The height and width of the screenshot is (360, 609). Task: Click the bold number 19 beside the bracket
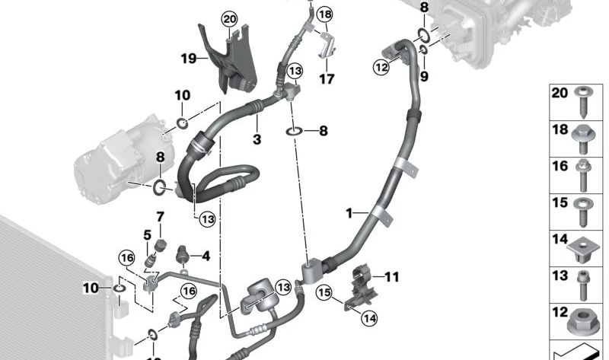189,59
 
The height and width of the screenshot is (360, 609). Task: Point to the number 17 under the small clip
327,79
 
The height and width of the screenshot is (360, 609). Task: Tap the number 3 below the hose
257,139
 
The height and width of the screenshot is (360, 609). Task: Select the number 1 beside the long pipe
349,213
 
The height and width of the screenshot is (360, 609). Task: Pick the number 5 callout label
147,235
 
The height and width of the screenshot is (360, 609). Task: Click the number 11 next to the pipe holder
392,277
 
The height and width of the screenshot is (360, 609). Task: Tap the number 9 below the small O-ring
424,77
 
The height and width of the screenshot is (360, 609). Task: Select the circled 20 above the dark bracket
230,18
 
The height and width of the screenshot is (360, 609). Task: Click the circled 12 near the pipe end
381,67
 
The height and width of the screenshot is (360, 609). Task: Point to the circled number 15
324,292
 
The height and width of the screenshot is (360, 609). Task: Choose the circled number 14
369,318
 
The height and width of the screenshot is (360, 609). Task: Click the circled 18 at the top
325,14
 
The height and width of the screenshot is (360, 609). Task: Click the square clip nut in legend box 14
581,246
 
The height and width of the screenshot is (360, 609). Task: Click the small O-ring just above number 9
424,49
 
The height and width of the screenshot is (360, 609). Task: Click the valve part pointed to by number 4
182,253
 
